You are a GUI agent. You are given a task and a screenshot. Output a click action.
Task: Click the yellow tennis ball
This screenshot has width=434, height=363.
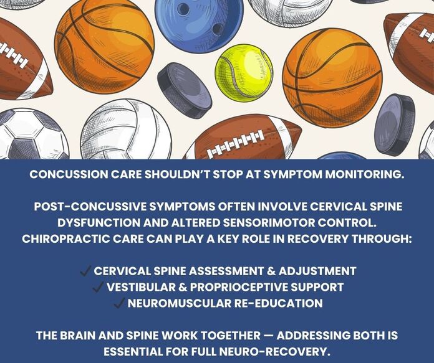tap(244, 72)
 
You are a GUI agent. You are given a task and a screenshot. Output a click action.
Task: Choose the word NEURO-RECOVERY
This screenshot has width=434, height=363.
tap(279, 352)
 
